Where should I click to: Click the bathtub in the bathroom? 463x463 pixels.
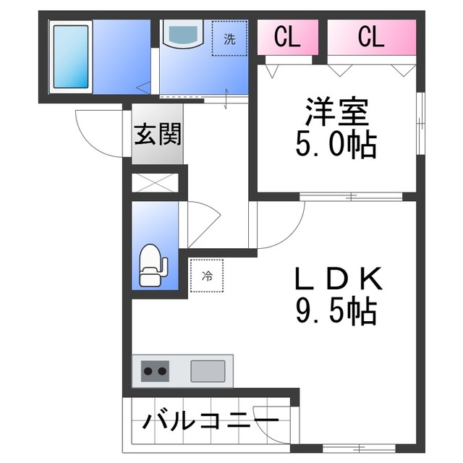click(x=71, y=56)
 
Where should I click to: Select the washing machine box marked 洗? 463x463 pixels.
click(x=229, y=39)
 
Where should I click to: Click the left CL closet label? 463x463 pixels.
click(x=287, y=36)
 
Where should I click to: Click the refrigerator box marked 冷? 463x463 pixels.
click(x=207, y=276)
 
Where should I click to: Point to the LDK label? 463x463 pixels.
click(x=336, y=279)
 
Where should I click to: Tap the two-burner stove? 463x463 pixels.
click(x=154, y=372)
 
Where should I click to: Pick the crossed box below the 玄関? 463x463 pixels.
click(x=156, y=182)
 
